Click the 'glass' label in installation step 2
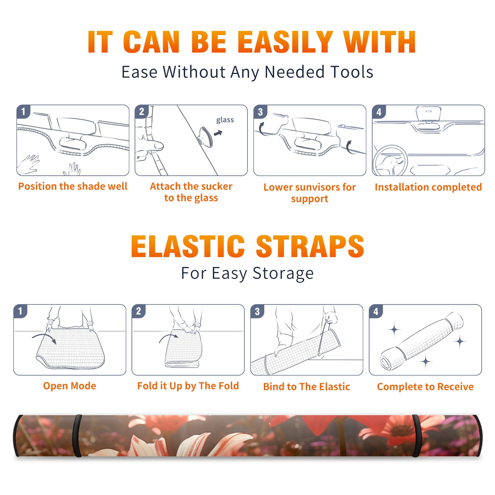225,120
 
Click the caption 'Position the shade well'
73,186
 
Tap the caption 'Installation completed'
428,187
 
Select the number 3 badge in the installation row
260,112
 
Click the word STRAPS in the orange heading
310,246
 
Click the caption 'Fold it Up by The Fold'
188,386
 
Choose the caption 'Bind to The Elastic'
307,386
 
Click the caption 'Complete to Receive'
425,386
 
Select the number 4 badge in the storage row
376,311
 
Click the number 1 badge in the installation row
23,111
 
